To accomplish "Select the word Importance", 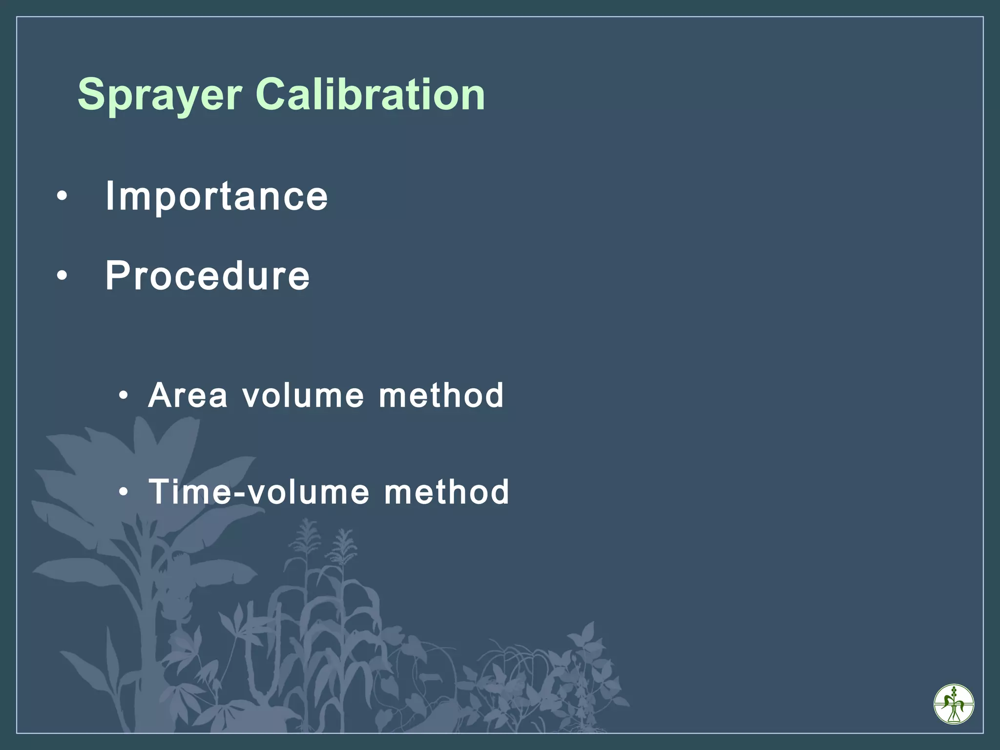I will click(216, 196).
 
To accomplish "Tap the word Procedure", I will click(208, 276).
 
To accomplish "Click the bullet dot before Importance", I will click(62, 197).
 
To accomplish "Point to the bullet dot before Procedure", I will click(62, 276).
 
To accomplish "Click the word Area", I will click(188, 396).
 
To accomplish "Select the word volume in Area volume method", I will click(303, 396).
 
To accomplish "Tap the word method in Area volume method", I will click(441, 396).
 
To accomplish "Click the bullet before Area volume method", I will click(124, 395).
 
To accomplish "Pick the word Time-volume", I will click(259, 492).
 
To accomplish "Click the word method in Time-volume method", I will click(447, 492).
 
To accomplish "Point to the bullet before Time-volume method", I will click(124, 492).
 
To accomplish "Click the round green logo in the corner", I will click(954, 704).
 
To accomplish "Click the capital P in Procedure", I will click(118, 275).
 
